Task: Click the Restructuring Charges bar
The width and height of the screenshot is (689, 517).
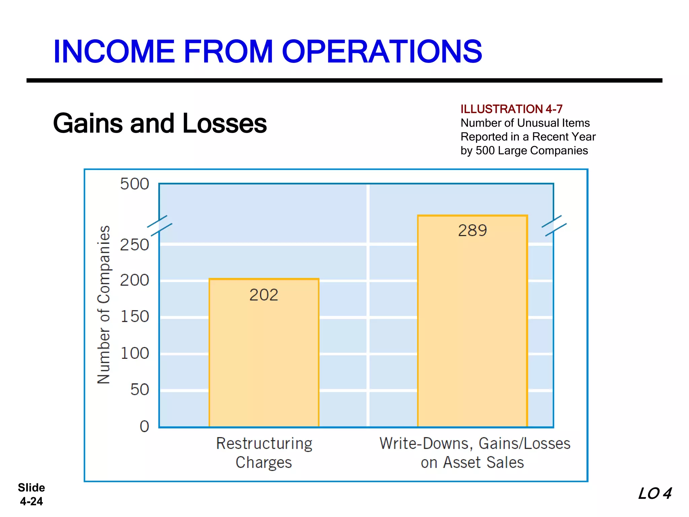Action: click(264, 364)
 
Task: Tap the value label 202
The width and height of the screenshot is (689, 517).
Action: click(264, 295)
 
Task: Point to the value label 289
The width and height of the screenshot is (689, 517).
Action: click(472, 231)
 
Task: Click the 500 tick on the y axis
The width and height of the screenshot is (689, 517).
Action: click(135, 184)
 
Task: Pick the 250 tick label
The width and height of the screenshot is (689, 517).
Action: click(135, 245)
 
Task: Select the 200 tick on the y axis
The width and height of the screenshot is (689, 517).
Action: click(135, 280)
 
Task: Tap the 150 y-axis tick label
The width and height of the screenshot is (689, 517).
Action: click(135, 316)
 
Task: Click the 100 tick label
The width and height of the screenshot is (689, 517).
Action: click(135, 353)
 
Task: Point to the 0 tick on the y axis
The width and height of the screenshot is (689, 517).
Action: click(144, 426)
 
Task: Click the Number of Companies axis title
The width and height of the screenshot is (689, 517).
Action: click(104, 305)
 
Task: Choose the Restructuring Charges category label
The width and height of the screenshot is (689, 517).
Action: click(264, 453)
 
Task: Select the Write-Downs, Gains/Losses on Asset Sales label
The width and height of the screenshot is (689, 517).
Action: click(474, 453)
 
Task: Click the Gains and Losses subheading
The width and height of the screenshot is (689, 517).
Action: click(160, 123)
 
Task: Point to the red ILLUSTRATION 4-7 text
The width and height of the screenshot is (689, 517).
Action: click(511, 109)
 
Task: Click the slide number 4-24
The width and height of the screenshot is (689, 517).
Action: click(31, 501)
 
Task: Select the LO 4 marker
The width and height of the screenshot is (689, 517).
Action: click(655, 494)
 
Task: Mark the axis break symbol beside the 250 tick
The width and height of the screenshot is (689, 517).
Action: click(160, 226)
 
